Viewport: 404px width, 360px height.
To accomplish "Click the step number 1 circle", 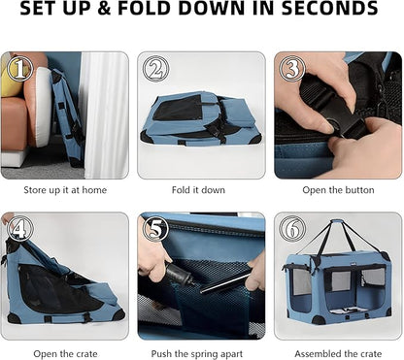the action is click(20, 68).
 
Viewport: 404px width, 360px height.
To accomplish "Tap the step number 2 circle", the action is click(156, 69).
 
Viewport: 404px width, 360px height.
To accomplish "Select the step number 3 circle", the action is click(292, 69).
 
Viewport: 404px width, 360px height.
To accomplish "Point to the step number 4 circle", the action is click(19, 229).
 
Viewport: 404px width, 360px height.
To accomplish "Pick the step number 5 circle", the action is click(156, 229).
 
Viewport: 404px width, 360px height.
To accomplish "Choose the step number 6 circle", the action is click(292, 229).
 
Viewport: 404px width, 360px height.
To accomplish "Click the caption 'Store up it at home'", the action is click(65, 190).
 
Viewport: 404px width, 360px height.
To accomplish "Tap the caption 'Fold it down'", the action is click(198, 190).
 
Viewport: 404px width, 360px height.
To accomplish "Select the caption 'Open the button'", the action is click(338, 190).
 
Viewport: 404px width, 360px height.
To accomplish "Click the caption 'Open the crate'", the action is click(65, 354).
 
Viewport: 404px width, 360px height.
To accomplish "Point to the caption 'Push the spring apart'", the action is click(197, 354).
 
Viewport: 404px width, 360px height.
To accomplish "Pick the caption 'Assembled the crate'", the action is click(338, 354).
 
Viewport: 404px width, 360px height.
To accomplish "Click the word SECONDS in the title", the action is click(329, 8).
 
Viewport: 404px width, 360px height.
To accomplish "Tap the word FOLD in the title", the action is click(145, 8).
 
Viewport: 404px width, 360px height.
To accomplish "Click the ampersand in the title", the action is click(104, 9).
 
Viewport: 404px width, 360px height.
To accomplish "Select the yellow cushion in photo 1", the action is click(11, 78).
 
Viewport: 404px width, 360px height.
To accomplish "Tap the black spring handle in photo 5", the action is click(179, 275).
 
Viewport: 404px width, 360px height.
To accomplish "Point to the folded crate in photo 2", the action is click(201, 118).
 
